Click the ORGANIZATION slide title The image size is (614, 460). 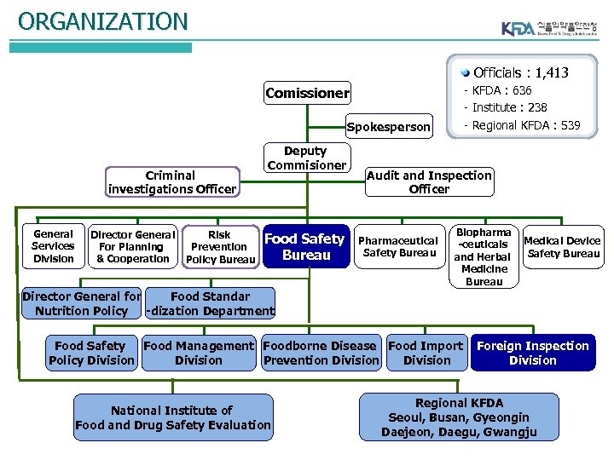(102, 20)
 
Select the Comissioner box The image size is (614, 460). (307, 93)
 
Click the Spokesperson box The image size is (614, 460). (388, 127)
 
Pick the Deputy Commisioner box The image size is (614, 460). (306, 158)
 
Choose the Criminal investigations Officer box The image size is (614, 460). (171, 182)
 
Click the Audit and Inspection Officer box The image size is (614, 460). (429, 182)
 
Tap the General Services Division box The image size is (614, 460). (53, 246)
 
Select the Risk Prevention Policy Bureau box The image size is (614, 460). (220, 247)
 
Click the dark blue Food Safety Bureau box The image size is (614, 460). (305, 246)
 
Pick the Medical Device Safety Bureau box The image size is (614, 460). (563, 246)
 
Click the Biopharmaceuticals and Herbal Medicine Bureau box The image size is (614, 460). (484, 256)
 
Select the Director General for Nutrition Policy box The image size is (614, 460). (81, 303)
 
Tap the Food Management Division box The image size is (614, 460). (199, 353)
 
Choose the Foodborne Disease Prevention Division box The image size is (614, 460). (321, 353)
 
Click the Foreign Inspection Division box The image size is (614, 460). (532, 353)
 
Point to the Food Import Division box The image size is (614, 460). (426, 353)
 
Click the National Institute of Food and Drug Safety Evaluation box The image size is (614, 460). (173, 417)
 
